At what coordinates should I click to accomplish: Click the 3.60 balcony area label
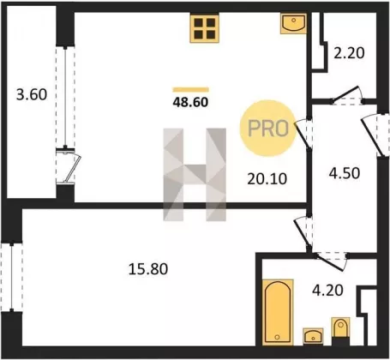coord(32,95)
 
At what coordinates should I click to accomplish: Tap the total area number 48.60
coord(190,102)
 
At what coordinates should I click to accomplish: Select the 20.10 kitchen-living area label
coord(267,179)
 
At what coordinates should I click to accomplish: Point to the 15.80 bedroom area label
coord(148,269)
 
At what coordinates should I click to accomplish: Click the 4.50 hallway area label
coord(344,173)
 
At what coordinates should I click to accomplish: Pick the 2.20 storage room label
coord(349,53)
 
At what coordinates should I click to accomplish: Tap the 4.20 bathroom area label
coord(327,291)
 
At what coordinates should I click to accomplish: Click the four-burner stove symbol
coord(205,28)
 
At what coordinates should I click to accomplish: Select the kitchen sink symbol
coord(293,24)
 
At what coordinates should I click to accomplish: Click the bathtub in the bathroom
coord(278,312)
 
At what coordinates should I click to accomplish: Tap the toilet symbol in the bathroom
coord(340,328)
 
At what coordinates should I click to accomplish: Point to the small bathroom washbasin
coord(313,336)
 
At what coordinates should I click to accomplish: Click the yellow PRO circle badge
coord(267,129)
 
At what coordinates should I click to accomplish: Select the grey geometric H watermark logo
coord(195,175)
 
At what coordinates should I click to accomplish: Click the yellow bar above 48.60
coord(190,90)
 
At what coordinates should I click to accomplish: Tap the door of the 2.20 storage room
coord(347,94)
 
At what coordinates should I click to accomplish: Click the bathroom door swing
coord(332,261)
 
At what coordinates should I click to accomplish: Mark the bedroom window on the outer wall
coord(12,277)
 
